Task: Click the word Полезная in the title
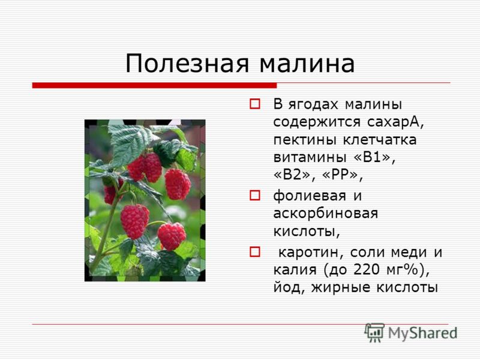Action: coord(187,64)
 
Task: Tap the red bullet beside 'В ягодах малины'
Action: coord(254,104)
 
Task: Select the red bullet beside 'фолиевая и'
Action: coord(254,195)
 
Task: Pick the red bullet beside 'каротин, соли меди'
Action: coord(254,251)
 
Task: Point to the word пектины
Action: coord(305,140)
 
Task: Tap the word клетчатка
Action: coord(380,140)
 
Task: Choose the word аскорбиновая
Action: coord(325,214)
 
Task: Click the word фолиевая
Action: coord(310,196)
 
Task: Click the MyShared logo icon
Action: coord(374,332)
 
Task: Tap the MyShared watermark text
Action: coord(422,333)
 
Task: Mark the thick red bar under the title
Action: coord(155,85)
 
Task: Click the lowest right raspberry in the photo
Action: coord(172,236)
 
